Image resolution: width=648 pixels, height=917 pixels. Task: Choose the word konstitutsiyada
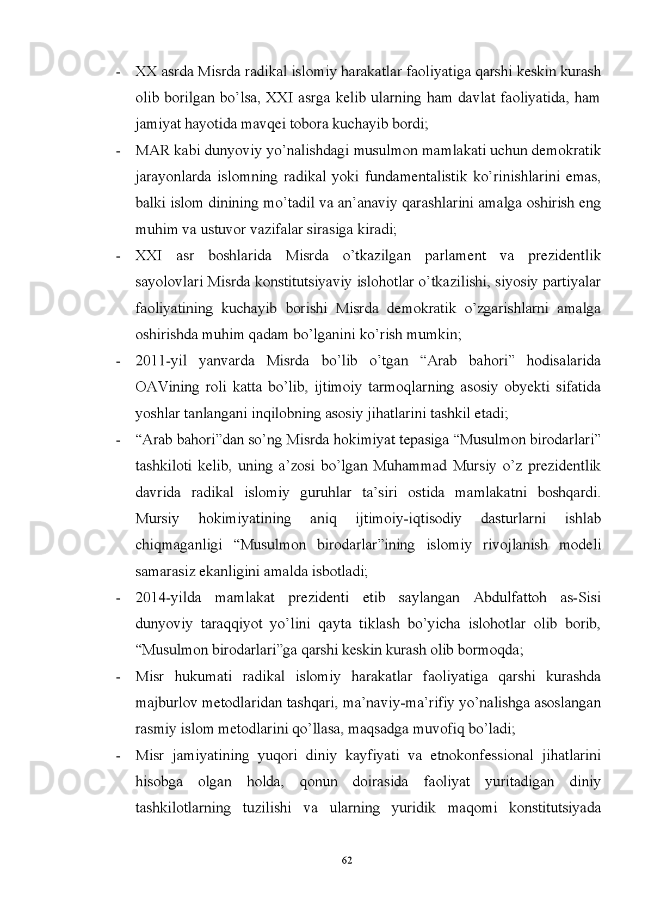(554, 808)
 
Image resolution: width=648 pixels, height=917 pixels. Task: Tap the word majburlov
(162, 703)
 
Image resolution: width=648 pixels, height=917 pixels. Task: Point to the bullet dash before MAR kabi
(118, 151)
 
